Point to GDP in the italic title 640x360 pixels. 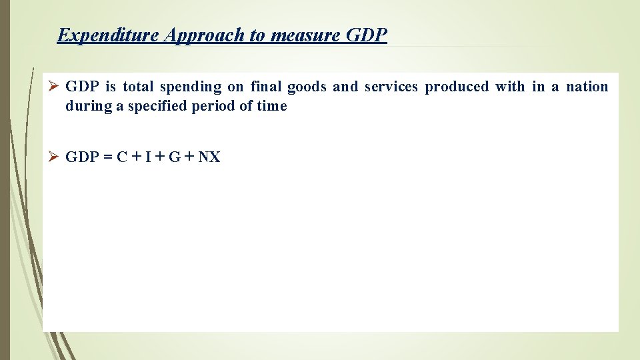367,35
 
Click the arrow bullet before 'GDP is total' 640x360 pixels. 55,87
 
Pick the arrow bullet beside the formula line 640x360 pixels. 55,157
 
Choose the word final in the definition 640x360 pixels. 267,87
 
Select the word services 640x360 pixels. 392,87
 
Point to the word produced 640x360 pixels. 457,87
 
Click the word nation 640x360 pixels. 587,87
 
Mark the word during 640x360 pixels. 88,106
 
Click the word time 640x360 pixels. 272,106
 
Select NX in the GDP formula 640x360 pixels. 209,157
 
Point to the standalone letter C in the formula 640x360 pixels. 121,157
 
